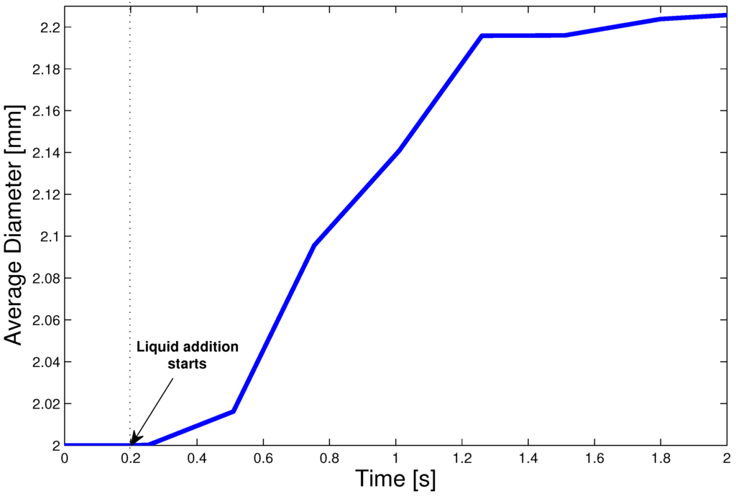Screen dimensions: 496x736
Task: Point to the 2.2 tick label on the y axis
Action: click(x=46, y=27)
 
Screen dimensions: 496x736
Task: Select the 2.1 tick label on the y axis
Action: click(x=46, y=236)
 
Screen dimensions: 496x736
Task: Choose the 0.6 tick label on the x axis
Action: click(x=263, y=457)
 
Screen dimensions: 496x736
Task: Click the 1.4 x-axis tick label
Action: click(x=528, y=457)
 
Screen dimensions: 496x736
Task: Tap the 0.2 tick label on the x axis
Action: click(x=131, y=457)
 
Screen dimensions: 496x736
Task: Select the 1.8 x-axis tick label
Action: click(x=660, y=457)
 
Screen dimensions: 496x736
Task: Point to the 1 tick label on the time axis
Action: click(x=395, y=457)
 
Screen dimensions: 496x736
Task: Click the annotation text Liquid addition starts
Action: click(x=188, y=355)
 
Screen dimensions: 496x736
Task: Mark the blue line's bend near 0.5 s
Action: click(x=234, y=411)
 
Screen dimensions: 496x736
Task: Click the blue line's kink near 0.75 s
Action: click(x=314, y=245)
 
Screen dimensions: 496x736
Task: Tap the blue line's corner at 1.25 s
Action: click(x=481, y=35)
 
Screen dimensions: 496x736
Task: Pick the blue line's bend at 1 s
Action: click(x=397, y=151)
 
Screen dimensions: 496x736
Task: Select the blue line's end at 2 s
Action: click(x=724, y=15)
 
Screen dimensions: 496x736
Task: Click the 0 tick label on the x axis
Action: click(x=65, y=457)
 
